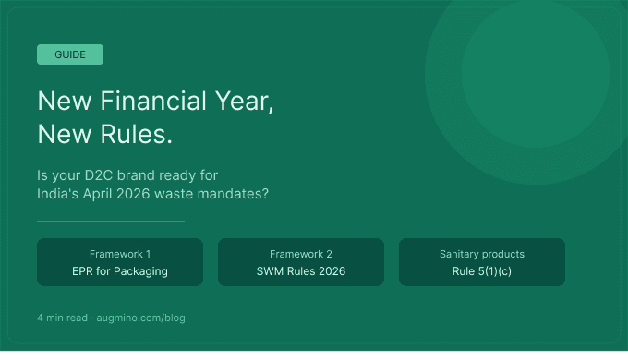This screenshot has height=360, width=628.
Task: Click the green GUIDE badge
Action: (70, 54)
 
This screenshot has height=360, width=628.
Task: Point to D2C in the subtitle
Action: (102, 174)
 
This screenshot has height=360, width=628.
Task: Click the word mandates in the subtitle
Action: (240, 195)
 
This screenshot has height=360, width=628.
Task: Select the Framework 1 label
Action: (120, 254)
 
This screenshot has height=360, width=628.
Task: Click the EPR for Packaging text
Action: (120, 271)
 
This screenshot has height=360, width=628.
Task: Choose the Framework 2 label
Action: (301, 254)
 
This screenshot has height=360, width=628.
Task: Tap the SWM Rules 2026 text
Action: (301, 271)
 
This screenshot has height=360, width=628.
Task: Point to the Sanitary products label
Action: (482, 254)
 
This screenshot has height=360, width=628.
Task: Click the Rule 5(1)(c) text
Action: (482, 271)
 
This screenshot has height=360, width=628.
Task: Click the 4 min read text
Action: (62, 318)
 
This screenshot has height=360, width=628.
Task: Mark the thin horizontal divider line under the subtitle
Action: (111, 222)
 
